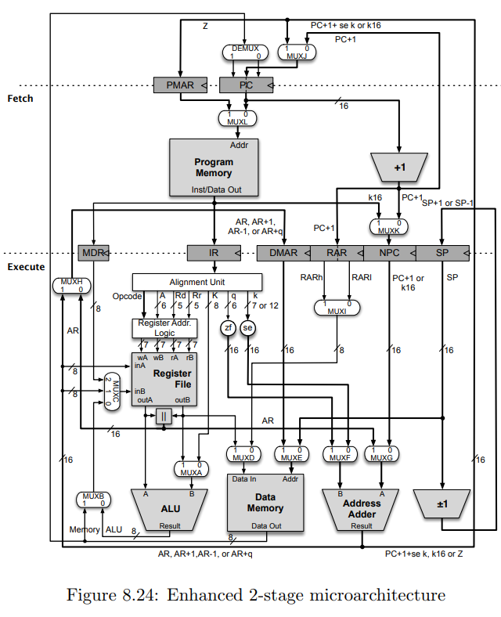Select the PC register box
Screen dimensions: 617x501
pos(244,84)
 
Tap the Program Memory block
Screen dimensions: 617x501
pos(214,168)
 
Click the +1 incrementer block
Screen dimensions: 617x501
pos(399,167)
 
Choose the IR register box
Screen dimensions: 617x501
pos(214,253)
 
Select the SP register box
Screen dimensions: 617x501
pos(442,253)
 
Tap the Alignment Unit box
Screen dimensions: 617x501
pos(196,281)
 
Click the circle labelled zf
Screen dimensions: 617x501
pos(229,327)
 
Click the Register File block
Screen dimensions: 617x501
pos(164,379)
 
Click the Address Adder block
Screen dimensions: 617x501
pos(362,509)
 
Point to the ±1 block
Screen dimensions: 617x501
pos(443,503)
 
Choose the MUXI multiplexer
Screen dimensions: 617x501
pos(337,306)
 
